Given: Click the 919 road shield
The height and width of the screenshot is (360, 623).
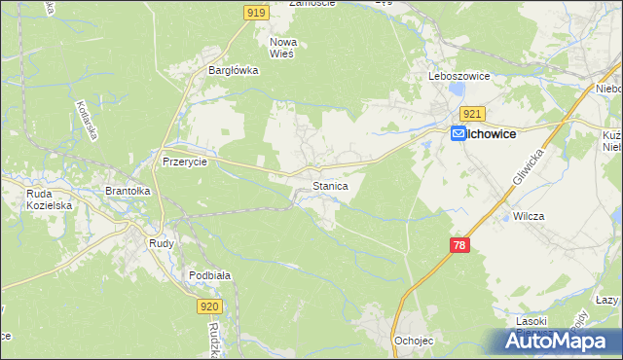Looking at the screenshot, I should click(256, 12).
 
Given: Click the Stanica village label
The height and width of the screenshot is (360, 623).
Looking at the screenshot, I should click(330, 185).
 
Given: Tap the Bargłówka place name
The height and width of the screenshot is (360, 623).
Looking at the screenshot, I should click(232, 70).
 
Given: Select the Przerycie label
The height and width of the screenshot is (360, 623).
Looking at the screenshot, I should click(185, 162).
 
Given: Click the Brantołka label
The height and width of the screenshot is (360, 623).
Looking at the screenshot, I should click(128, 192).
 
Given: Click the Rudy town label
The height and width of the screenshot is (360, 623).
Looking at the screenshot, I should click(162, 243).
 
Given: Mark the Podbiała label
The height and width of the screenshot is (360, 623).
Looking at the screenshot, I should click(209, 275).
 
